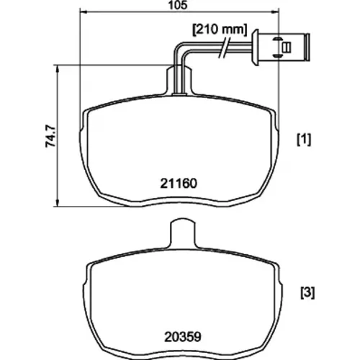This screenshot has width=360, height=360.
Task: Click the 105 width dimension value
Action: point(178,5)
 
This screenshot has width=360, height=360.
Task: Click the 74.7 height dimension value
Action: point(50,136)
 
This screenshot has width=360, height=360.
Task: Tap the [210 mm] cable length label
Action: point(220,30)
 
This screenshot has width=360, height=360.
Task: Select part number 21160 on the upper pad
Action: point(179,184)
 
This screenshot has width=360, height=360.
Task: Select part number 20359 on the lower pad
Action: point(182,337)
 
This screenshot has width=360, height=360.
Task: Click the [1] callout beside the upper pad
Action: point(304,140)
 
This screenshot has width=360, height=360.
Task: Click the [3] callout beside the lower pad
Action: point(307,293)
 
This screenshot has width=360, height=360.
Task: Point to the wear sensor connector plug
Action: point(282,48)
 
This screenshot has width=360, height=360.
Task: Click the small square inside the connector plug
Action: point(286,48)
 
